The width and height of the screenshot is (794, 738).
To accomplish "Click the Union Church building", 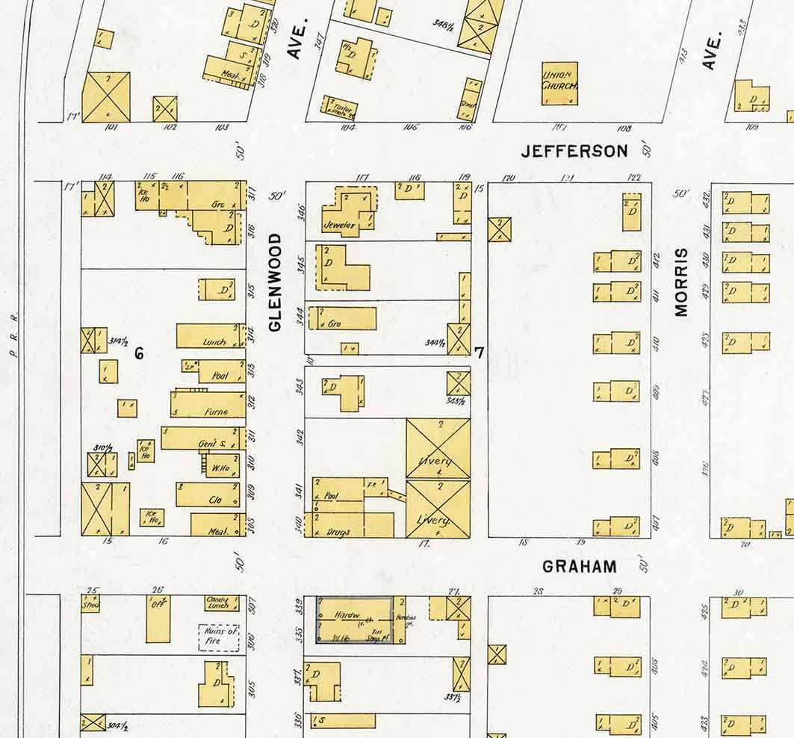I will click(x=559, y=83).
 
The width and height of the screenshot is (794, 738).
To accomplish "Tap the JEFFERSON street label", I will click(x=574, y=152).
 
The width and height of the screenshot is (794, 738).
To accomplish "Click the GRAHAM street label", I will click(x=580, y=566).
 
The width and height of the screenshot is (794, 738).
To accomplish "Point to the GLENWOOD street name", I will click(x=276, y=282).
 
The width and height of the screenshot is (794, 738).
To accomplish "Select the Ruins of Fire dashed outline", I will click(x=218, y=637).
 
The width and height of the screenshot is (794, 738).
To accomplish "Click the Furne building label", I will click(x=214, y=412).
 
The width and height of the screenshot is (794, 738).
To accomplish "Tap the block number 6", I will click(x=139, y=353).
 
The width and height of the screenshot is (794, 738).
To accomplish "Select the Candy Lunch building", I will click(x=222, y=602).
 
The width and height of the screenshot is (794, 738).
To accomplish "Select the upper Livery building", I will click(x=438, y=448).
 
